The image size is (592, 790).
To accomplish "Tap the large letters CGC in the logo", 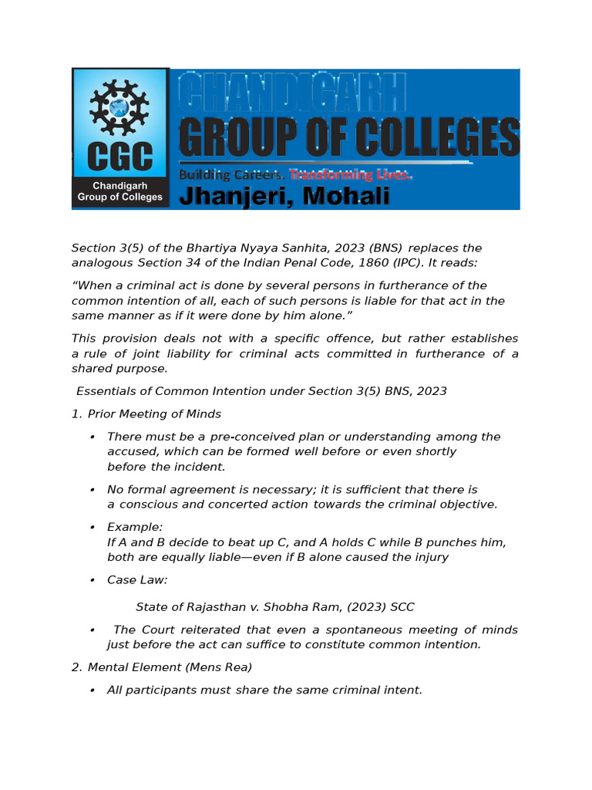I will [119, 158].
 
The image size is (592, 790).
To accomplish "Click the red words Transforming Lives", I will [351, 175].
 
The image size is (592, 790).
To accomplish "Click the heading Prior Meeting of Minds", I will [154, 414].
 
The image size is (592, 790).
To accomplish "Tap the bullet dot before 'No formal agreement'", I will [92, 490].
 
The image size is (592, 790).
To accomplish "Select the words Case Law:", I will [137, 579].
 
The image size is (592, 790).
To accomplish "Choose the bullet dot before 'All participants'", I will [92, 690].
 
